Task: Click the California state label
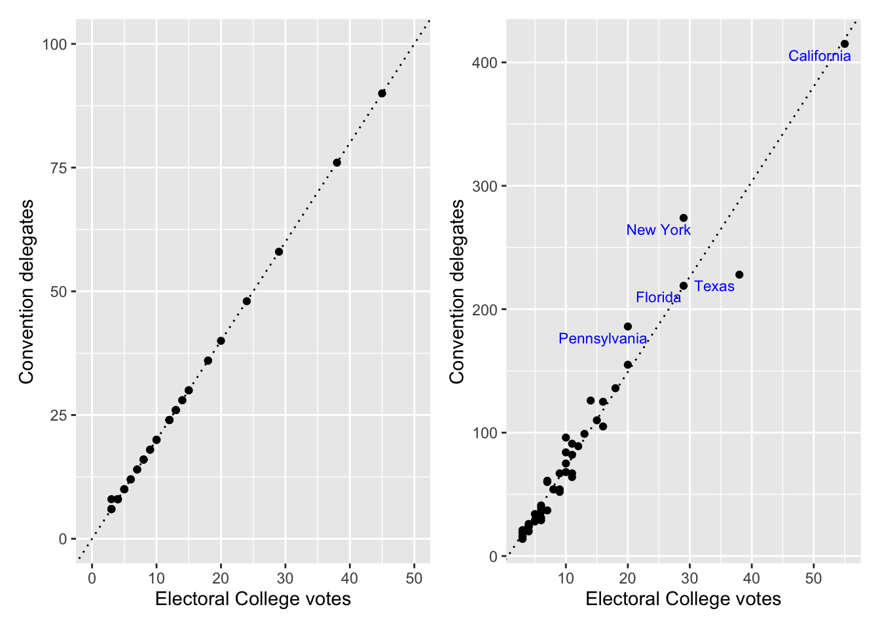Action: (819, 56)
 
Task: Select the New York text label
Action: (658, 230)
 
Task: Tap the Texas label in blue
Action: (714, 287)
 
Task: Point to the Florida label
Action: (658, 298)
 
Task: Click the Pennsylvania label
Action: (602, 339)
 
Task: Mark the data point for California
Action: (845, 44)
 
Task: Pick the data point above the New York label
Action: (684, 218)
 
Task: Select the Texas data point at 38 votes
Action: (739, 275)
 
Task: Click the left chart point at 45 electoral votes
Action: (382, 94)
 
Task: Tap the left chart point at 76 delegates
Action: (337, 163)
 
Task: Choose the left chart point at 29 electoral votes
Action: (279, 252)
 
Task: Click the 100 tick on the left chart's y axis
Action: (55, 44)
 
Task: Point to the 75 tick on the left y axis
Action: (59, 168)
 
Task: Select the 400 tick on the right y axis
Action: (485, 63)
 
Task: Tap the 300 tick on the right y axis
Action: (485, 186)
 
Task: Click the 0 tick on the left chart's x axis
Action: (92, 578)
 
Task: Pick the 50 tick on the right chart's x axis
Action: (813, 578)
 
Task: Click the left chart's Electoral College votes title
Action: (253, 599)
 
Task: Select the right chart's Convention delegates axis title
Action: (457, 292)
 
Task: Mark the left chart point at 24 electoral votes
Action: (247, 302)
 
